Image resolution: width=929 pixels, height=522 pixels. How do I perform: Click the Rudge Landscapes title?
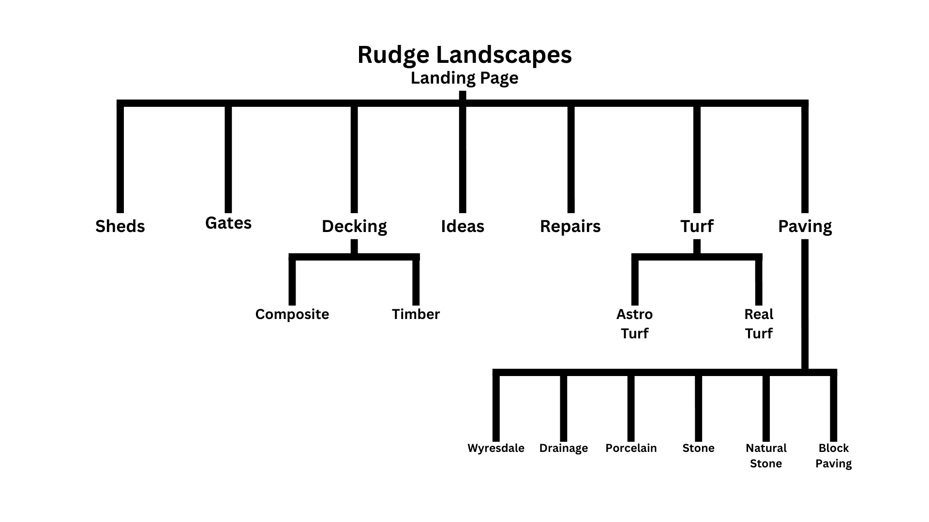coord(464,55)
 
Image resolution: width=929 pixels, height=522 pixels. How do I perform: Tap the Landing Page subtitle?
coord(464,78)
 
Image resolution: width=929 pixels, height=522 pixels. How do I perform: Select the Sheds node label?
coord(120,226)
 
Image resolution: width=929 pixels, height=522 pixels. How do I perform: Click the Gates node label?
coord(228,223)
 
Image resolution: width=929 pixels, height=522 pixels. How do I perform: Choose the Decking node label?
coord(354,226)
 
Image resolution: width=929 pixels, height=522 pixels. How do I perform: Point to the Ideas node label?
coord(463,226)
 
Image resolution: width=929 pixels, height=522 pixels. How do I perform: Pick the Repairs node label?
coord(570,226)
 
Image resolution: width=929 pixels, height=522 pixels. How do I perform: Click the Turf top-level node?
coord(697,226)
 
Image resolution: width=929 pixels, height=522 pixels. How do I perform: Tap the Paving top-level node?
coord(805,226)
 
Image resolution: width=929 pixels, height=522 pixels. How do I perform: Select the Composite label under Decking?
coord(292,314)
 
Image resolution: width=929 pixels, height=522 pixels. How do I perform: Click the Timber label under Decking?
coord(416,314)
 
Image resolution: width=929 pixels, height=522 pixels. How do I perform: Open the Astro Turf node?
coord(634,324)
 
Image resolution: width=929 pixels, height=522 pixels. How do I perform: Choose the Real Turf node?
coord(759,324)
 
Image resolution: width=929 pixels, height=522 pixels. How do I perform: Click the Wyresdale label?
coord(496,448)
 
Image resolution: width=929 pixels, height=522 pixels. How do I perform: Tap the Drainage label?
coord(564,448)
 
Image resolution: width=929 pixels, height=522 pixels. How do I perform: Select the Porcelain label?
coord(631,448)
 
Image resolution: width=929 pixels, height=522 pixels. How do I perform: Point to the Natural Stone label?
coord(766,456)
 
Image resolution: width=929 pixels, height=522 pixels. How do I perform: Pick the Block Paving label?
coord(833,456)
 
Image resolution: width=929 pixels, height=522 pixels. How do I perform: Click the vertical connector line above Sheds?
coord(120,159)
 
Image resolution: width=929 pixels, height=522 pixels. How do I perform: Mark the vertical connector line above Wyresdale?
coord(496,408)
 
